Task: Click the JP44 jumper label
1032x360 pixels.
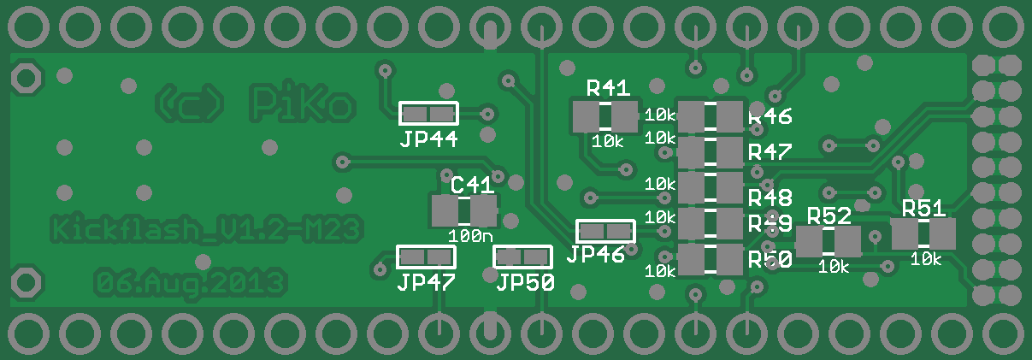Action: point(428,139)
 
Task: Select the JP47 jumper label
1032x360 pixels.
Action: point(425,281)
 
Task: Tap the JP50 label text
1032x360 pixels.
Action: point(525,281)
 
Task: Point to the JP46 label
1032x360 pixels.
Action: point(595,254)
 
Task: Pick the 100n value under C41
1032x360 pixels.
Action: point(470,235)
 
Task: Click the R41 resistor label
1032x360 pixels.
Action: point(608,87)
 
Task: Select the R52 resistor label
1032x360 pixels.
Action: point(829,215)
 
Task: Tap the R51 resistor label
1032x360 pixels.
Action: point(923,208)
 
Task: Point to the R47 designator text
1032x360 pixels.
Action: point(770,152)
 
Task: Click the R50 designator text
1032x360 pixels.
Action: point(770,260)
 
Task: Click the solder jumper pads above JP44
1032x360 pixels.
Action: point(428,114)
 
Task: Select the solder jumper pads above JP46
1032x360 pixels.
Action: point(605,231)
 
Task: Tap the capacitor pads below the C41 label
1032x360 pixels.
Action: point(463,210)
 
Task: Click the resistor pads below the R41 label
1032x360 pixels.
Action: point(605,115)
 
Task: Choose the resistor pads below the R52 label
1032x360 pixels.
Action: point(828,241)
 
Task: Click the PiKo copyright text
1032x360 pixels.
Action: point(257,103)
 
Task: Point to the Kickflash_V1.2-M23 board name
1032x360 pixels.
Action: point(206,229)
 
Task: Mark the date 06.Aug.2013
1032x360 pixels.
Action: point(189,281)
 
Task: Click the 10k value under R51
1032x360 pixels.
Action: point(925,258)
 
